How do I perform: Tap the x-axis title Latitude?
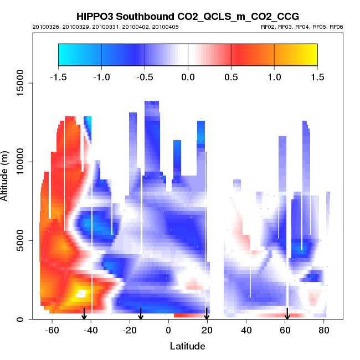[x=187, y=346]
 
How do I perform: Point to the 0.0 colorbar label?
[x=188, y=77]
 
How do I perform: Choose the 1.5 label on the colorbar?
[x=317, y=77]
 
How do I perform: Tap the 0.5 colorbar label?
[x=231, y=77]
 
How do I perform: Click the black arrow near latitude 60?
[x=287, y=314]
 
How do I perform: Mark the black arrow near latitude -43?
[x=84, y=314]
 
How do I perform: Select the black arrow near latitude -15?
[x=141, y=314]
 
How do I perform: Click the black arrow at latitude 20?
[x=207, y=314]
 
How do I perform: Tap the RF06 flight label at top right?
[x=337, y=27]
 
